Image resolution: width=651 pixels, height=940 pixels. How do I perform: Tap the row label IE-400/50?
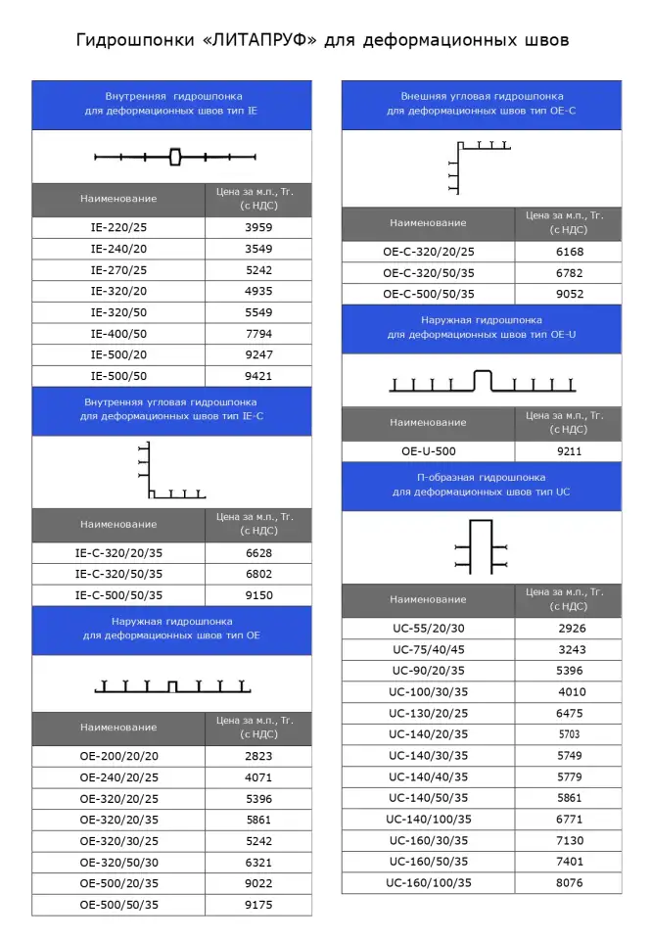118,334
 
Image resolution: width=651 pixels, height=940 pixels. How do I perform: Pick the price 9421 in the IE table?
258,376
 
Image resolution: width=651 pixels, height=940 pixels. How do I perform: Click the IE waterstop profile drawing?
175,157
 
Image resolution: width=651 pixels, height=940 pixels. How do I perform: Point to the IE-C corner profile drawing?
171,472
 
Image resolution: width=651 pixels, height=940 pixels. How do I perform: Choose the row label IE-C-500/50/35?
118,595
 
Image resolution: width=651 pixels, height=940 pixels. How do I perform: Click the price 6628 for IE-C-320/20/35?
258,553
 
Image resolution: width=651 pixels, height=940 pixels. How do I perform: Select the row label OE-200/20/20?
118,757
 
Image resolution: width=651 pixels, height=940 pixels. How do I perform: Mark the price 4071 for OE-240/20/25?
258,778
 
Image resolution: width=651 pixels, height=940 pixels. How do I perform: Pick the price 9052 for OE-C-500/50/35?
569,294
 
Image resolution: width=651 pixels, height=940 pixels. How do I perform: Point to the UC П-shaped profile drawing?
481,546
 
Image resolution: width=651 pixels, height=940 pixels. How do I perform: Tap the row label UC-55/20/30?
429,628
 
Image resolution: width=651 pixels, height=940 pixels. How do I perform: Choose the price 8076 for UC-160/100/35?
569,883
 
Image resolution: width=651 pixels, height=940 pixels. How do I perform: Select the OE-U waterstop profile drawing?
481,382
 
